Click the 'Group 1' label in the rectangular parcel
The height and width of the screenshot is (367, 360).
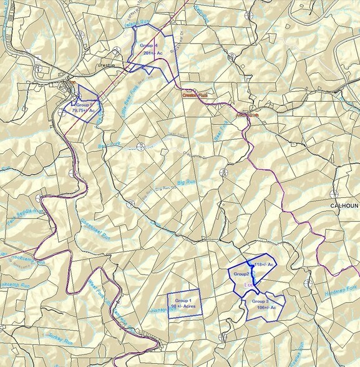click(183, 301)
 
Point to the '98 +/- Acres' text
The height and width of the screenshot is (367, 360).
click(183, 306)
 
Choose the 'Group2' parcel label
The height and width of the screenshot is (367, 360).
click(241, 274)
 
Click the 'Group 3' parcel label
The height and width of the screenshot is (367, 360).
click(260, 301)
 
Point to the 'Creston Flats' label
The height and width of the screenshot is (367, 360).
click(193, 95)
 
